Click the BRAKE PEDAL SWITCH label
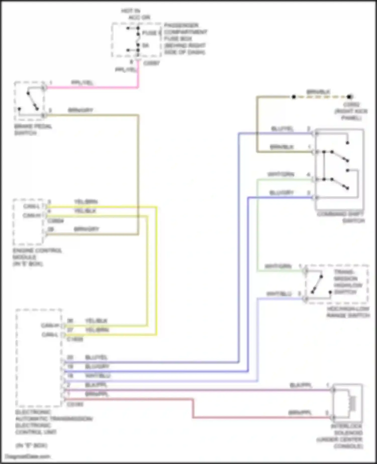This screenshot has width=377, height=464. click(x=33, y=129)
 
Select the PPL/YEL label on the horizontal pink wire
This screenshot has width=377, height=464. click(x=82, y=83)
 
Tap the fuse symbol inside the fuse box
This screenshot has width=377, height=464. click(x=138, y=39)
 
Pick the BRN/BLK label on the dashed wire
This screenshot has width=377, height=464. click(x=318, y=92)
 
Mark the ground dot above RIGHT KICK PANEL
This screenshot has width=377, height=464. click(x=349, y=97)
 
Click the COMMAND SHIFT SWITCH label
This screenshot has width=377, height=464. click(x=341, y=217)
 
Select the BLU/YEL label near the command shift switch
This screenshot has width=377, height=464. click(x=282, y=129)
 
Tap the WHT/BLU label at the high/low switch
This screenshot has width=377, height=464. click(x=279, y=294)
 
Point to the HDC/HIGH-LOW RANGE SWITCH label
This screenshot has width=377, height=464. click(x=348, y=312)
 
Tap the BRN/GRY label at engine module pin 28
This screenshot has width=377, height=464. click(x=86, y=229)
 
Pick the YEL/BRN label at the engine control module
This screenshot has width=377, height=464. click(x=86, y=202)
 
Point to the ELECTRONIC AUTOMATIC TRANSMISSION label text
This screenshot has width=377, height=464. click(x=54, y=419)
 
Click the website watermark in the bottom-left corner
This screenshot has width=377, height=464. click(x=28, y=456)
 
